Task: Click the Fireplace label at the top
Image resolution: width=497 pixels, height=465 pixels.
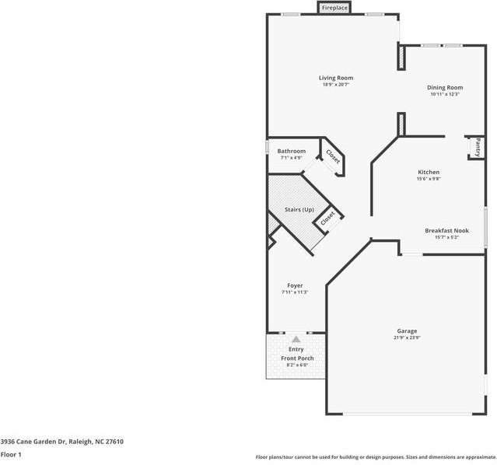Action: point(334,8)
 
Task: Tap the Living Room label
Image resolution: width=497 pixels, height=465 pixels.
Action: point(336,78)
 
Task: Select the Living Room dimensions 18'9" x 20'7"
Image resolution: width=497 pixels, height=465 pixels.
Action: point(336,85)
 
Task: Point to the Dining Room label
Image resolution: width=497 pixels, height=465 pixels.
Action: point(445,88)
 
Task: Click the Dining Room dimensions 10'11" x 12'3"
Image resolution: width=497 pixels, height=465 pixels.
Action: point(445,94)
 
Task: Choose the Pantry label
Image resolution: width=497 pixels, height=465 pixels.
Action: point(478,147)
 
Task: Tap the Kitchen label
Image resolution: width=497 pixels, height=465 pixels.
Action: point(429,172)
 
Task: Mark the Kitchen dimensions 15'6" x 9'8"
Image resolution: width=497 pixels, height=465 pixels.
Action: point(429,179)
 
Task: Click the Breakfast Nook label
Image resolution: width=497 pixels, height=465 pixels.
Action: point(447,230)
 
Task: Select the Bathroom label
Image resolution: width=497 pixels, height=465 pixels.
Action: point(292,151)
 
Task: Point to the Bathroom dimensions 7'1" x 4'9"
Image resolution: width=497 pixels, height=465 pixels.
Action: point(292,158)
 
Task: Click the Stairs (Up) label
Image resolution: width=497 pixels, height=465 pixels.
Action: point(299,209)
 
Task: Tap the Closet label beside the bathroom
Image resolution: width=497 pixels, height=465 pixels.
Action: point(333,156)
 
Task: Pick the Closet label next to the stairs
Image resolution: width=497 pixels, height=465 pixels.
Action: point(327,219)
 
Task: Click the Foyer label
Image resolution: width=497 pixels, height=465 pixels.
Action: point(295,285)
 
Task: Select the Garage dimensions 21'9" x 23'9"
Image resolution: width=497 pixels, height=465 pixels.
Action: point(407,337)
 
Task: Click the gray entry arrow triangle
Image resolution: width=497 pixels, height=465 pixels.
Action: point(296,340)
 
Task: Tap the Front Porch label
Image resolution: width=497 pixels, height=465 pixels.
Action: point(297,358)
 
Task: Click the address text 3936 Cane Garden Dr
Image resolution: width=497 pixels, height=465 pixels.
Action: point(33,442)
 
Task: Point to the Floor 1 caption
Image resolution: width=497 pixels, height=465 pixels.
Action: point(11,455)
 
